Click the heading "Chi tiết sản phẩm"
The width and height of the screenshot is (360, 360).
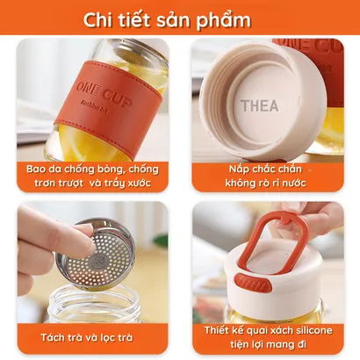coord(167,20)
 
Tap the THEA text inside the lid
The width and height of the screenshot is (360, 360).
coord(259,105)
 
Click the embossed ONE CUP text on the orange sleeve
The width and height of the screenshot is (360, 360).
coord(104,94)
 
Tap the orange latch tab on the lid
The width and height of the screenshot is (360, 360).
coord(253,283)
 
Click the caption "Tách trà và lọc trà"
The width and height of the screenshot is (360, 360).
coord(87,337)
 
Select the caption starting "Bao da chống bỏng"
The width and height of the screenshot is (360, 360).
coord(92,176)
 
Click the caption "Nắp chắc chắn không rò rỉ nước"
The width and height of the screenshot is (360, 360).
coord(266,176)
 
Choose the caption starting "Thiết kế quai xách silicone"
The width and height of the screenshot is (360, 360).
coord(269,337)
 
